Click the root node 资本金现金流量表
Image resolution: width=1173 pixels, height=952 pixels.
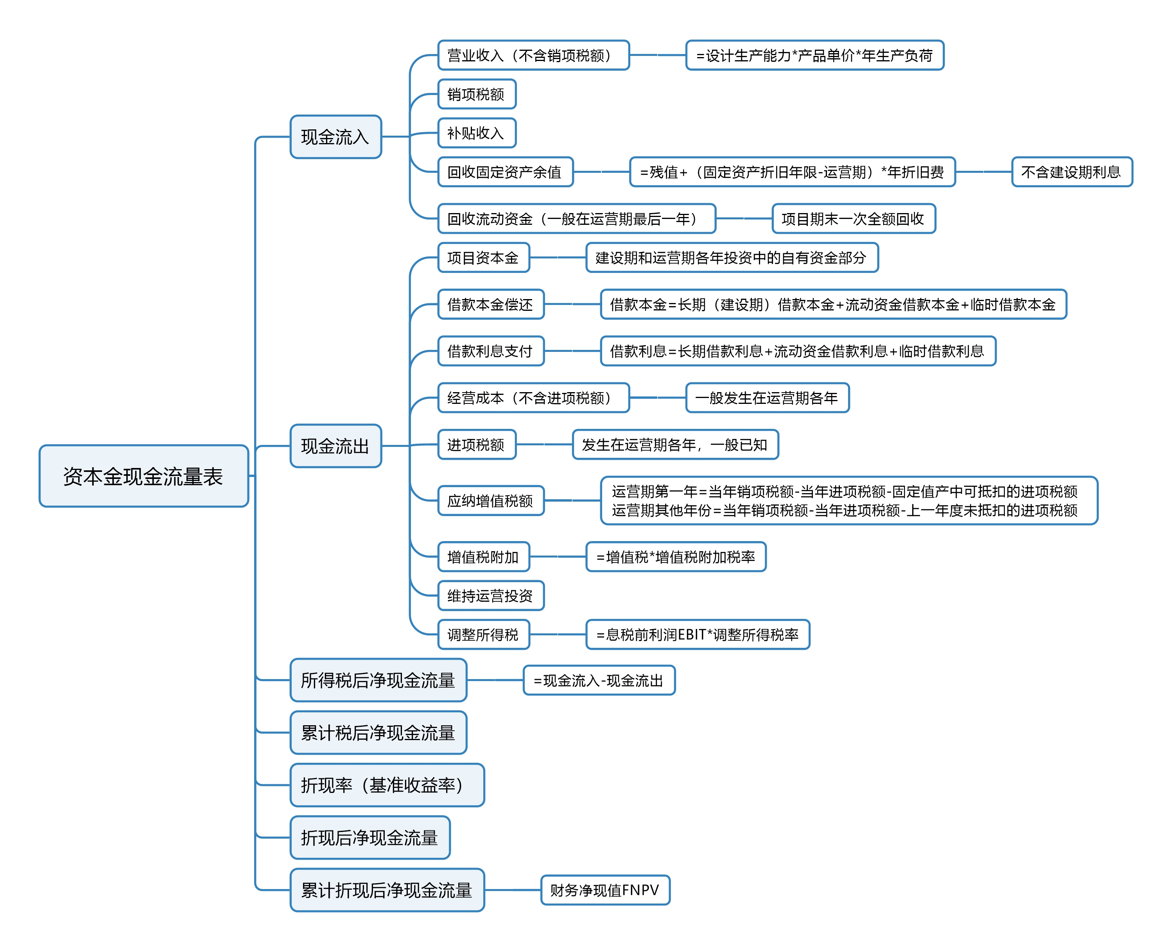[143, 476]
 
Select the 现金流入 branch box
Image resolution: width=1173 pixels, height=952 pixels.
[335, 136]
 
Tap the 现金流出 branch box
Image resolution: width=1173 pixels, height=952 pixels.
[335, 446]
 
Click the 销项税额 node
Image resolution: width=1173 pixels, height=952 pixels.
[477, 94]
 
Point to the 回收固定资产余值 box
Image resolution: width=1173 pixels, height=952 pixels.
[505, 172]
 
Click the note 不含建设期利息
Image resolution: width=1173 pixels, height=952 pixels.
[1072, 172]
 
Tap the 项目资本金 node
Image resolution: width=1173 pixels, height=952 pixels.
[484, 258]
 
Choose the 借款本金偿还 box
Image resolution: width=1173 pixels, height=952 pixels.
[491, 304]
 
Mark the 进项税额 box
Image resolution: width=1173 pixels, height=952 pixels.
[477, 444]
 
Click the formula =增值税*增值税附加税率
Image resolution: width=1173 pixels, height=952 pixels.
[676, 557]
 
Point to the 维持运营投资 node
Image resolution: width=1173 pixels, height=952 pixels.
[491, 595]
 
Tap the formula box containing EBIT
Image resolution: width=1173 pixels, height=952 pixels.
[698, 635]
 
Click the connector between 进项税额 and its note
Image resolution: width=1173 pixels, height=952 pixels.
[544, 444]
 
